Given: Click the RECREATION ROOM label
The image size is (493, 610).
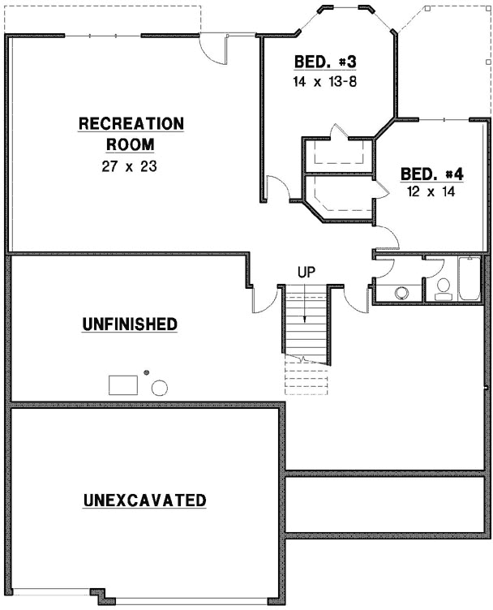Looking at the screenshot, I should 131,134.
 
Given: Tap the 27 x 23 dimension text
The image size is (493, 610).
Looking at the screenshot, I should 131,166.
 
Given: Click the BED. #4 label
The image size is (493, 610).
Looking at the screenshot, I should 432,174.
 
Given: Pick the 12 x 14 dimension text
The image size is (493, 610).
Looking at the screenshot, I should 432,192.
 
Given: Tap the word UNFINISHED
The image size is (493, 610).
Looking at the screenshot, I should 130,324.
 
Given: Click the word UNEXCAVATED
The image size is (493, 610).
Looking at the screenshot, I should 144,500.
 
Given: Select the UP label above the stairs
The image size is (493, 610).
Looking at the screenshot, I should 306,273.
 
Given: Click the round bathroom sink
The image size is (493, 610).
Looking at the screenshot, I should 401,293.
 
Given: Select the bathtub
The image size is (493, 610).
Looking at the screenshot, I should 469,280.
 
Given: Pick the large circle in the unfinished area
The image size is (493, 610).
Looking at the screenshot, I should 160,387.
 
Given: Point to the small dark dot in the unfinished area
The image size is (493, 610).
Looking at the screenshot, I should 147,372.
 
